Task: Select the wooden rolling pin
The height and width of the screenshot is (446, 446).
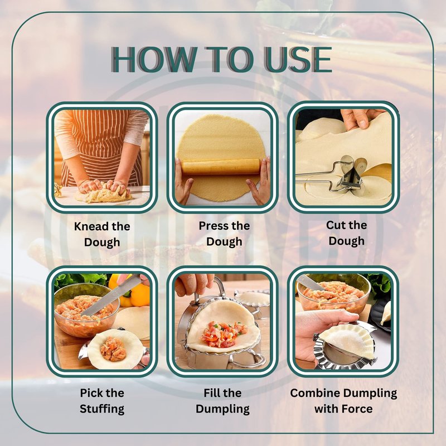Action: coord(221,167)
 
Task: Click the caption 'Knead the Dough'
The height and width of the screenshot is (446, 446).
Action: coord(102,234)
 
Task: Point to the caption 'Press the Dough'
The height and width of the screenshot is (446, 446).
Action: coord(224,234)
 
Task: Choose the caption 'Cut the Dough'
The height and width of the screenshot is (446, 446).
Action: coord(346,233)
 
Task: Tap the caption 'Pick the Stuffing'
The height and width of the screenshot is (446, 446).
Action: coord(102,401)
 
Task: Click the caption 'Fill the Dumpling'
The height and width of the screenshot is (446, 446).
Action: coord(222,401)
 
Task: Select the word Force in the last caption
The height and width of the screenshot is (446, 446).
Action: coord(357,409)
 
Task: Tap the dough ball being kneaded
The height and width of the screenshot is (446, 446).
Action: coord(103,194)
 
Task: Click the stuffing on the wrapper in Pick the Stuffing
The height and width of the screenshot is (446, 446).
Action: coord(113,349)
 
